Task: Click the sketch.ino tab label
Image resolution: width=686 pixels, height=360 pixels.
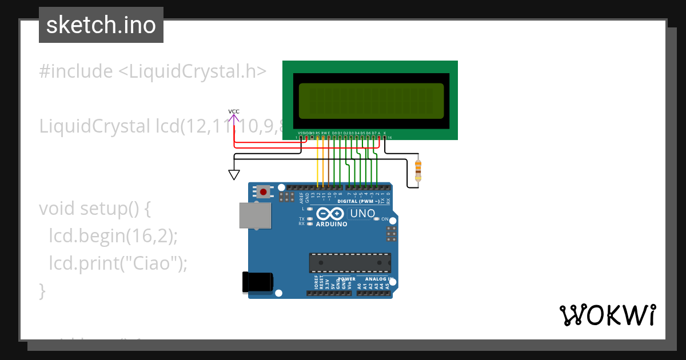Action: click(101, 25)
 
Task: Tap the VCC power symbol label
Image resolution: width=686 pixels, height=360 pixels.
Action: click(234, 111)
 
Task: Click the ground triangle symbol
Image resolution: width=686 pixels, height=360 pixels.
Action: click(234, 174)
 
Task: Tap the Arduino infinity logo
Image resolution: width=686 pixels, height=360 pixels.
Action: click(330, 214)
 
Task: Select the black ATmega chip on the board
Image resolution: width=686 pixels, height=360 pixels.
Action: click(350, 262)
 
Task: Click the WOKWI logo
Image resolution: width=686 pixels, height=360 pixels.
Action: click(607, 315)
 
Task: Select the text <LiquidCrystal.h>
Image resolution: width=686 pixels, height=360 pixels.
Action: click(192, 71)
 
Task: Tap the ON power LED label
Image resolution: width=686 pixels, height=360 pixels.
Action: click(385, 219)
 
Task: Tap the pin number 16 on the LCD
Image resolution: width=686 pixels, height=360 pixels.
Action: click(390, 138)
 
